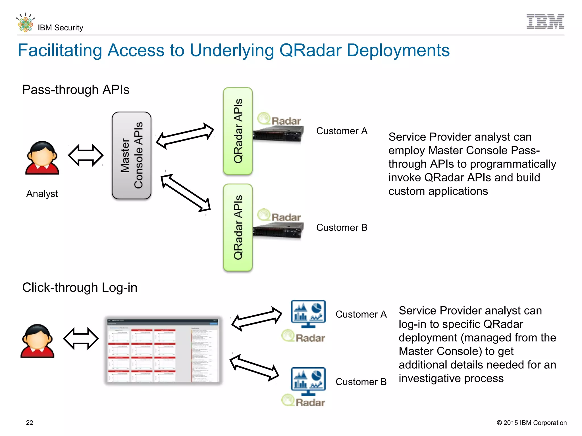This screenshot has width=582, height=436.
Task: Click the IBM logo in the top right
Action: (545, 22)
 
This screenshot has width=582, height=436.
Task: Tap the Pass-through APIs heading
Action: (76, 90)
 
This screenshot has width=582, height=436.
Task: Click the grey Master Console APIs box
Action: (132, 156)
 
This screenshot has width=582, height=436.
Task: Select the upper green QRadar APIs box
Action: (238, 131)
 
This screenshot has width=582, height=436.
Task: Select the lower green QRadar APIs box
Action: (238, 228)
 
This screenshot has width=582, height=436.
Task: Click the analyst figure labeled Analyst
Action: (42, 158)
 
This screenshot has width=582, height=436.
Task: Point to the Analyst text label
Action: (42, 194)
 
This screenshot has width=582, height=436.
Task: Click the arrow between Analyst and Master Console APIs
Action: (86, 155)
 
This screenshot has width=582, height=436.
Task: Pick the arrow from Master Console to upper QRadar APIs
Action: (185, 136)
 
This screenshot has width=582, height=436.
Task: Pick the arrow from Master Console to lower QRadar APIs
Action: (186, 193)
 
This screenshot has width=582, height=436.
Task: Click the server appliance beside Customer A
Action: (278, 135)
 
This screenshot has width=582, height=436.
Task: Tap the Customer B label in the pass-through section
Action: (342, 228)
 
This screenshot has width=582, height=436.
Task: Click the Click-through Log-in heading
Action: (80, 288)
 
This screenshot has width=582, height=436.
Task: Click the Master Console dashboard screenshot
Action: (163, 350)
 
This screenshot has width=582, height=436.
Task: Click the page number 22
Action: (30, 423)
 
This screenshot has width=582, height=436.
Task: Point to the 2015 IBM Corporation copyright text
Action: (531, 423)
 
